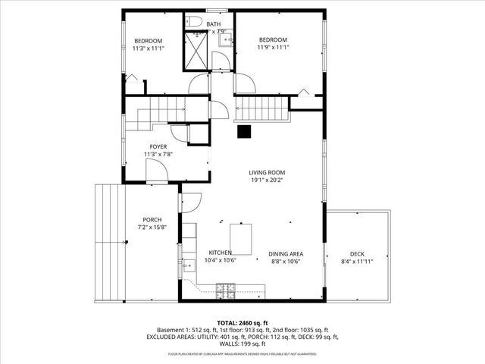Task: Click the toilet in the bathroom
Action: point(193,21)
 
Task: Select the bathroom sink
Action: point(226,41)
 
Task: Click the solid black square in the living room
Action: point(244,132)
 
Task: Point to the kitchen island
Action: point(242,239)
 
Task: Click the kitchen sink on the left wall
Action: point(186,265)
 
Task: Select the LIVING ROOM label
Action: point(267,172)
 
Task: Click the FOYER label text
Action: point(158,146)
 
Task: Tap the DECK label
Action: point(357,254)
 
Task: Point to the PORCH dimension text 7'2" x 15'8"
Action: point(153,227)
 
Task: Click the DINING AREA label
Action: point(286,254)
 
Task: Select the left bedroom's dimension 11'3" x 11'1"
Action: point(149,48)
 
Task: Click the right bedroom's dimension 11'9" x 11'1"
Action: point(273,48)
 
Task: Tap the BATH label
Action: point(214,24)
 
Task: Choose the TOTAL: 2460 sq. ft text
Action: point(242,322)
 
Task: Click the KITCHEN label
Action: point(221,253)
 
